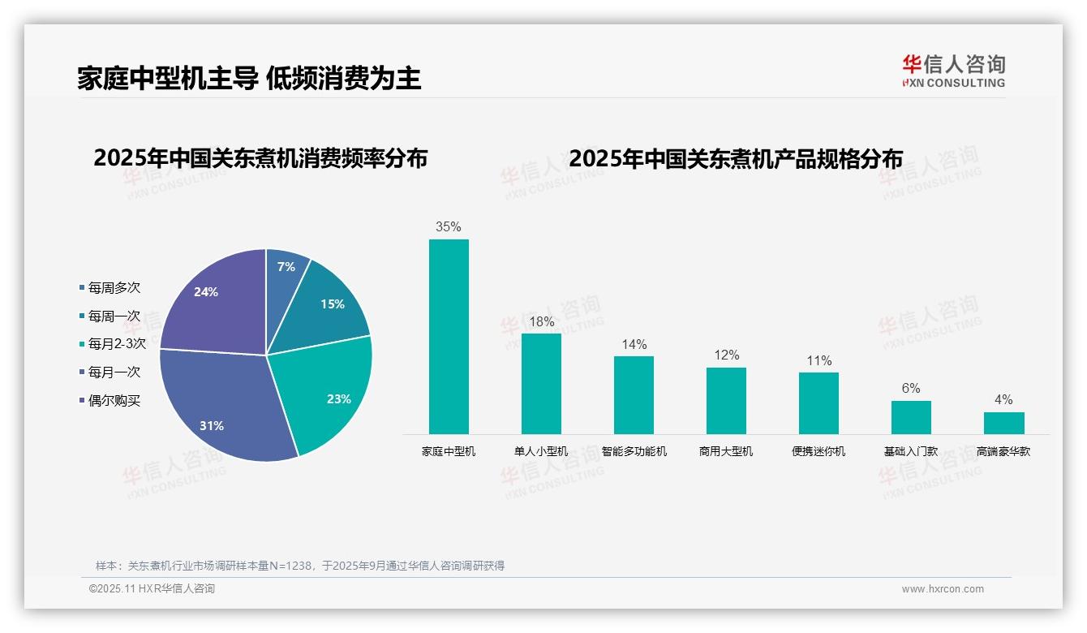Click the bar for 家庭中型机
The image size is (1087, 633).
click(449, 336)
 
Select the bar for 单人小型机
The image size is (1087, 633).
click(541, 383)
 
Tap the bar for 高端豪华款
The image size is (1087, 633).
click(1003, 423)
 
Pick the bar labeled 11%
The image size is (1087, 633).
click(818, 403)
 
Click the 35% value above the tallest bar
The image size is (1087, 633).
click(449, 227)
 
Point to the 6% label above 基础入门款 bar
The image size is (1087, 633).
click(911, 389)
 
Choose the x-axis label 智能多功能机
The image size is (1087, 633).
click(634, 451)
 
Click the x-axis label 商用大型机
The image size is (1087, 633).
click(726, 451)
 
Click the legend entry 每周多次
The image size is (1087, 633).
click(114, 288)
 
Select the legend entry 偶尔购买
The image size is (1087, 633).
click(114, 401)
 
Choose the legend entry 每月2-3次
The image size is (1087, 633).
click(116, 344)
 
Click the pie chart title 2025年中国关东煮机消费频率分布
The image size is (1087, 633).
click(260, 158)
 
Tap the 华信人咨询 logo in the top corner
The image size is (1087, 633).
click(953, 71)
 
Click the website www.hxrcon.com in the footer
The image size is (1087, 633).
click(943, 589)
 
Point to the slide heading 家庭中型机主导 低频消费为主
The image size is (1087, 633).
click(250, 79)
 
